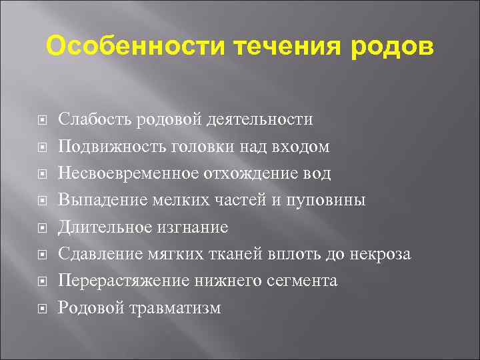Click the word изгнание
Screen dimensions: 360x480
(x=193, y=227)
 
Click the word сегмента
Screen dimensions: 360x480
(x=301, y=281)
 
